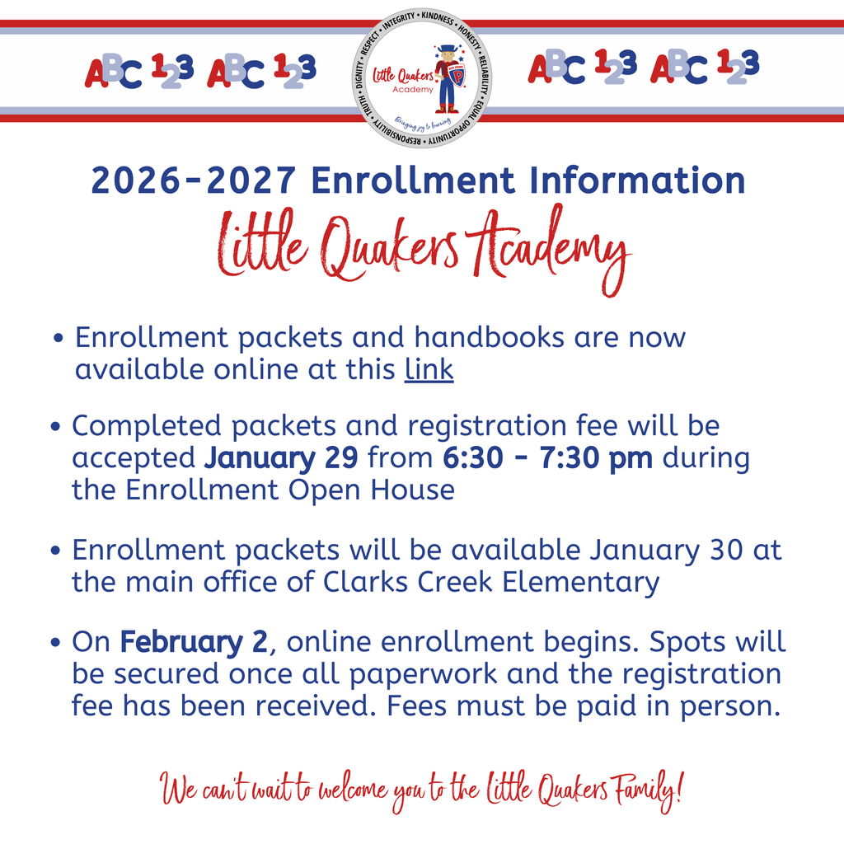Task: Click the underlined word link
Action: tap(429, 370)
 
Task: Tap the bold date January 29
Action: tap(281, 457)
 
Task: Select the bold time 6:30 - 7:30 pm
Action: tap(547, 457)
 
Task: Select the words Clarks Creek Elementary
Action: tap(491, 582)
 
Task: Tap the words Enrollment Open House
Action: tap(289, 490)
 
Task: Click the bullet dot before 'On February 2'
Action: tap(55, 643)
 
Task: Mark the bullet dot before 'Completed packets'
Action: tap(55, 428)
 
